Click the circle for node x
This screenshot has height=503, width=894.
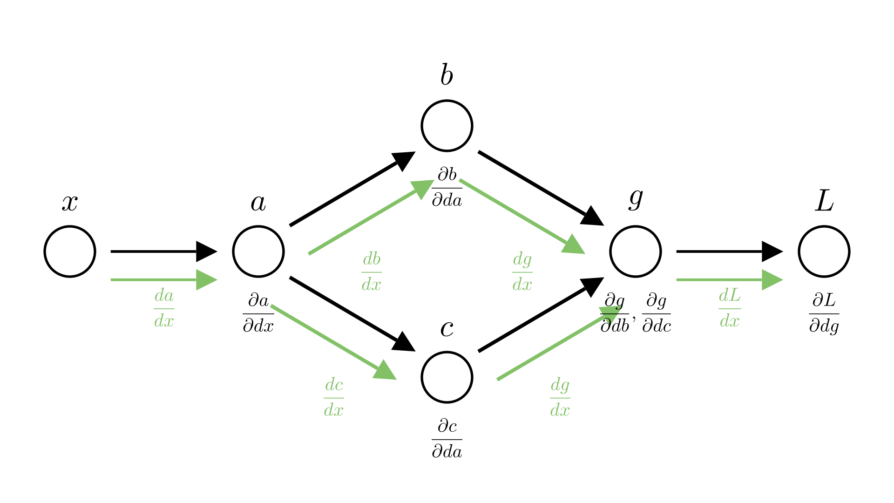(x=70, y=251)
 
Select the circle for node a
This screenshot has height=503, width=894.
(x=258, y=251)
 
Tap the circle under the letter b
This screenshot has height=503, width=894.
(x=447, y=126)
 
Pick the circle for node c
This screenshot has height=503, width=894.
(x=447, y=377)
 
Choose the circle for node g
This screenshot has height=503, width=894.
(x=636, y=251)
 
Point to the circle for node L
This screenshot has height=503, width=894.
(x=824, y=251)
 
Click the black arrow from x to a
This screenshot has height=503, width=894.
(x=163, y=251)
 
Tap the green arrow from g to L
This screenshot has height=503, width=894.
(x=729, y=280)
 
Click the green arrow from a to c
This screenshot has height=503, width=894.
(x=333, y=342)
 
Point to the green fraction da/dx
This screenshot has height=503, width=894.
(x=164, y=308)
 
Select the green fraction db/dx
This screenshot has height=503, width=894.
(x=372, y=272)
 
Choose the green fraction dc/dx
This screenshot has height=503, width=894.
(x=334, y=398)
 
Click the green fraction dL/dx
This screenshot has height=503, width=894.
(x=730, y=308)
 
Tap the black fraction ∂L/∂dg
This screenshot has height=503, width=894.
(x=824, y=313)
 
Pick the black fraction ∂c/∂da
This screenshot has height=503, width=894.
(x=447, y=439)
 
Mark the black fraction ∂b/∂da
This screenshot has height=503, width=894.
(x=447, y=188)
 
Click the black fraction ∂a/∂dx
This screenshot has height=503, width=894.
(x=258, y=313)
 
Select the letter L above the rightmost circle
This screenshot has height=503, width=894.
(x=824, y=202)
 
